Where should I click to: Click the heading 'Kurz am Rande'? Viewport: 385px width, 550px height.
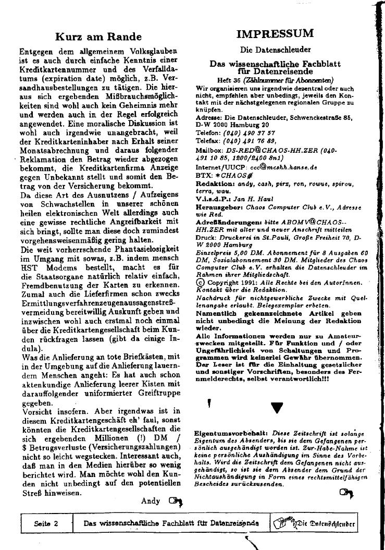98,36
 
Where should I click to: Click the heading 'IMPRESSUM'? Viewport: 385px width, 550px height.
275,34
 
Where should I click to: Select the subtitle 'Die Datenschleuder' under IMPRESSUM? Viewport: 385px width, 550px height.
275,50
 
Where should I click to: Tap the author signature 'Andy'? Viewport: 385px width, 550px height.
151,501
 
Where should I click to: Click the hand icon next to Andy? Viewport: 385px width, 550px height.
177,502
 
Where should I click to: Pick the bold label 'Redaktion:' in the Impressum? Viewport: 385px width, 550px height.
213,184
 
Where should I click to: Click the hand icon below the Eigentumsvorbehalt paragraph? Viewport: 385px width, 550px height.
346,492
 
